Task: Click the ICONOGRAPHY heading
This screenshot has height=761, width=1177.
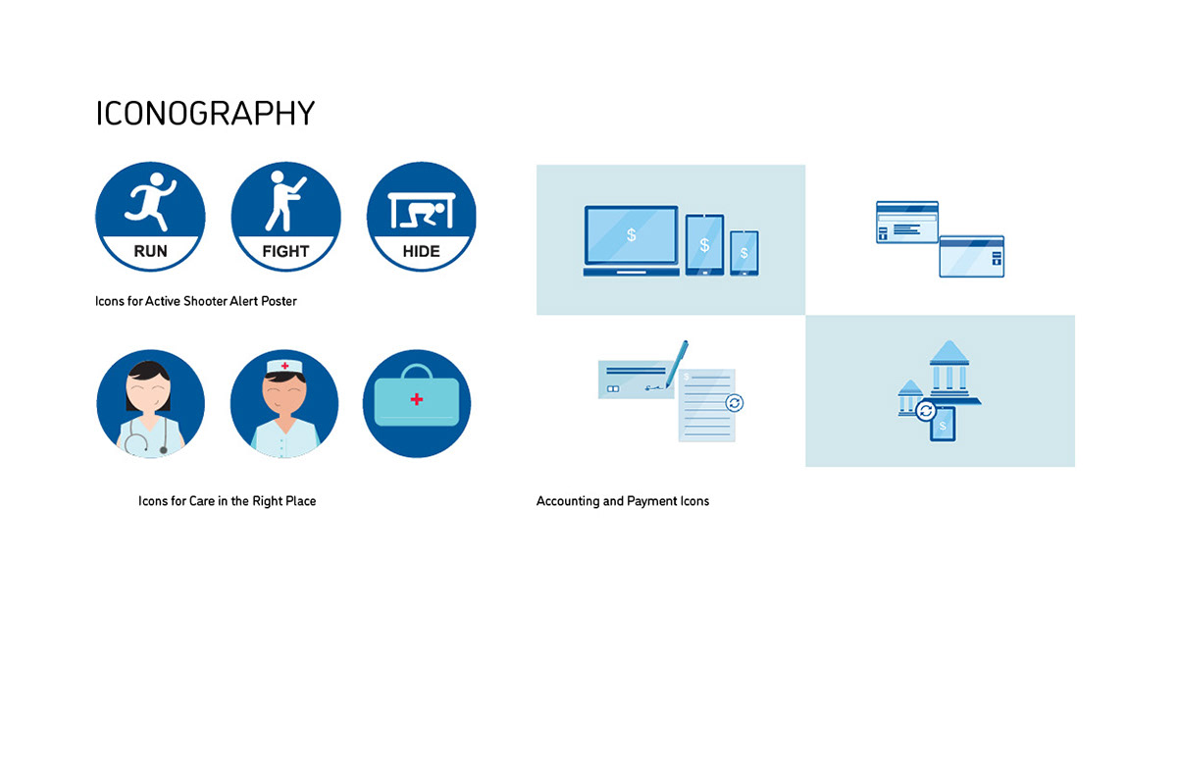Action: (205, 114)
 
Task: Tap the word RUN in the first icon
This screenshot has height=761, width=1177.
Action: (150, 251)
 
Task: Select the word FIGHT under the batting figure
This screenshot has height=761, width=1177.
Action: (285, 251)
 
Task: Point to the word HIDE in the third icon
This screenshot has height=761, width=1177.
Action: (422, 251)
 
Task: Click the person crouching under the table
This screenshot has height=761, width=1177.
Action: (423, 216)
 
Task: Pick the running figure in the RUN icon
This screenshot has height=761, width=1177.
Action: (150, 202)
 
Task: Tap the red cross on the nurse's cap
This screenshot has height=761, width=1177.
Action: (284, 366)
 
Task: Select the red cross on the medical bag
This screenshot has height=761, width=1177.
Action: (417, 400)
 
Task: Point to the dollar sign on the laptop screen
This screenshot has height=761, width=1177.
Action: (632, 234)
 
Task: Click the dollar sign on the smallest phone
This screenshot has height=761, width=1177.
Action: (744, 253)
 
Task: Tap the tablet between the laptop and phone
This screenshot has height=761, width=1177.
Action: (704, 245)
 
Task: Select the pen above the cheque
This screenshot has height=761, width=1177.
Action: (677, 364)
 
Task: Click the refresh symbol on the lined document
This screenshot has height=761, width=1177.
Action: (734, 403)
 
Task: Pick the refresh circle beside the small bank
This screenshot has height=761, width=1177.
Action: (926, 411)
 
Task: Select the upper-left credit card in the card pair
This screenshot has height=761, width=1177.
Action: (907, 222)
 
